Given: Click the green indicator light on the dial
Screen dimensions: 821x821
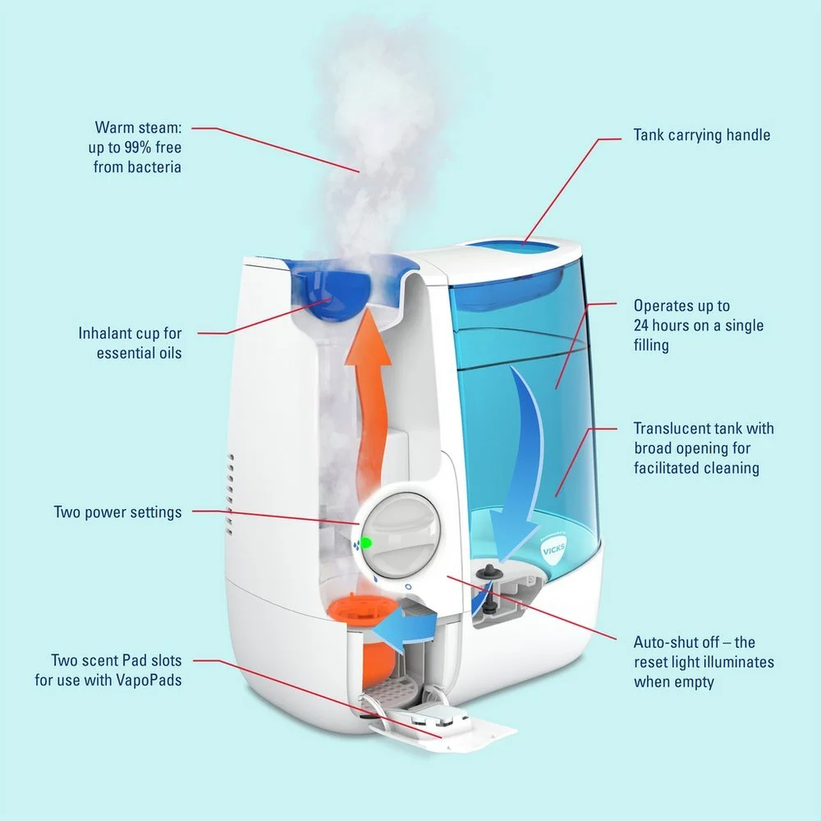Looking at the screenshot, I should [x=367, y=543].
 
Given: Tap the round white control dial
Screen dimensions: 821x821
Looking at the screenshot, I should [x=401, y=534].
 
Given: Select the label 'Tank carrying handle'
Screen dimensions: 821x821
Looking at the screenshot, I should [x=702, y=135].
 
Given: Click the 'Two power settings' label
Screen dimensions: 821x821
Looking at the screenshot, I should [x=117, y=512].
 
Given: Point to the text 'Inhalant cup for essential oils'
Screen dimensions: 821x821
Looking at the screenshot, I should [x=130, y=343].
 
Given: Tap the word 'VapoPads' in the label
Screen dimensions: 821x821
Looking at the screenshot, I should [x=154, y=681].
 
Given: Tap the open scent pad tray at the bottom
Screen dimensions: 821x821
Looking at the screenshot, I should [x=443, y=727].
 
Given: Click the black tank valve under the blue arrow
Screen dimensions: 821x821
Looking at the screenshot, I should [x=491, y=568].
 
